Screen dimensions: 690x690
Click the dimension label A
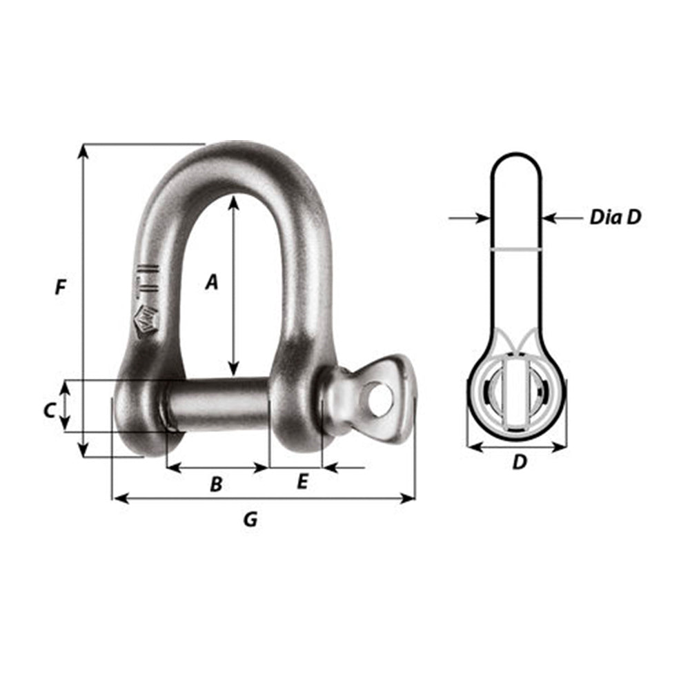(212, 282)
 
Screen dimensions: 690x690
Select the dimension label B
(216, 484)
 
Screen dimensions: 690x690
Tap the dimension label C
(49, 411)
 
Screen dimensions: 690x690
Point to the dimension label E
(302, 482)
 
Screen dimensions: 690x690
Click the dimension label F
(61, 287)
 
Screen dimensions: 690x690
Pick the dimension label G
(250, 520)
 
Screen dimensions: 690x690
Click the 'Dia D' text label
(615, 217)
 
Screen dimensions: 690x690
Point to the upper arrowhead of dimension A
(234, 201)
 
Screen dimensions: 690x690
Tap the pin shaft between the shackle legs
(217, 404)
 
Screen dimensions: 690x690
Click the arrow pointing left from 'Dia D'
(552, 218)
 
